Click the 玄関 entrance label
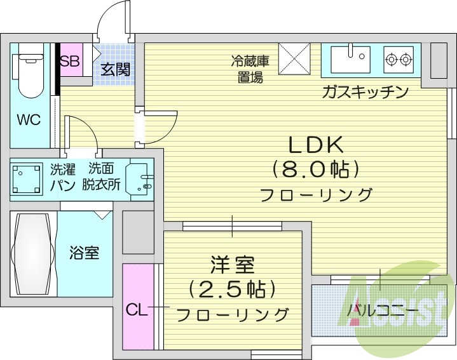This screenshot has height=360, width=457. pyautogui.click(x=115, y=69)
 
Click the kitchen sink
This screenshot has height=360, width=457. pyautogui.click(x=349, y=59)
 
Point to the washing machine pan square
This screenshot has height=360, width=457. pyautogui.click(x=26, y=178)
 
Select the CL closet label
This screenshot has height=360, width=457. pyautogui.click(x=137, y=310)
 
